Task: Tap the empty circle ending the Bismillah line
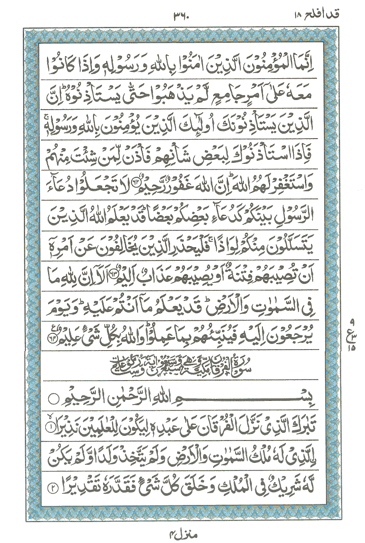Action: [x=86, y=394]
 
